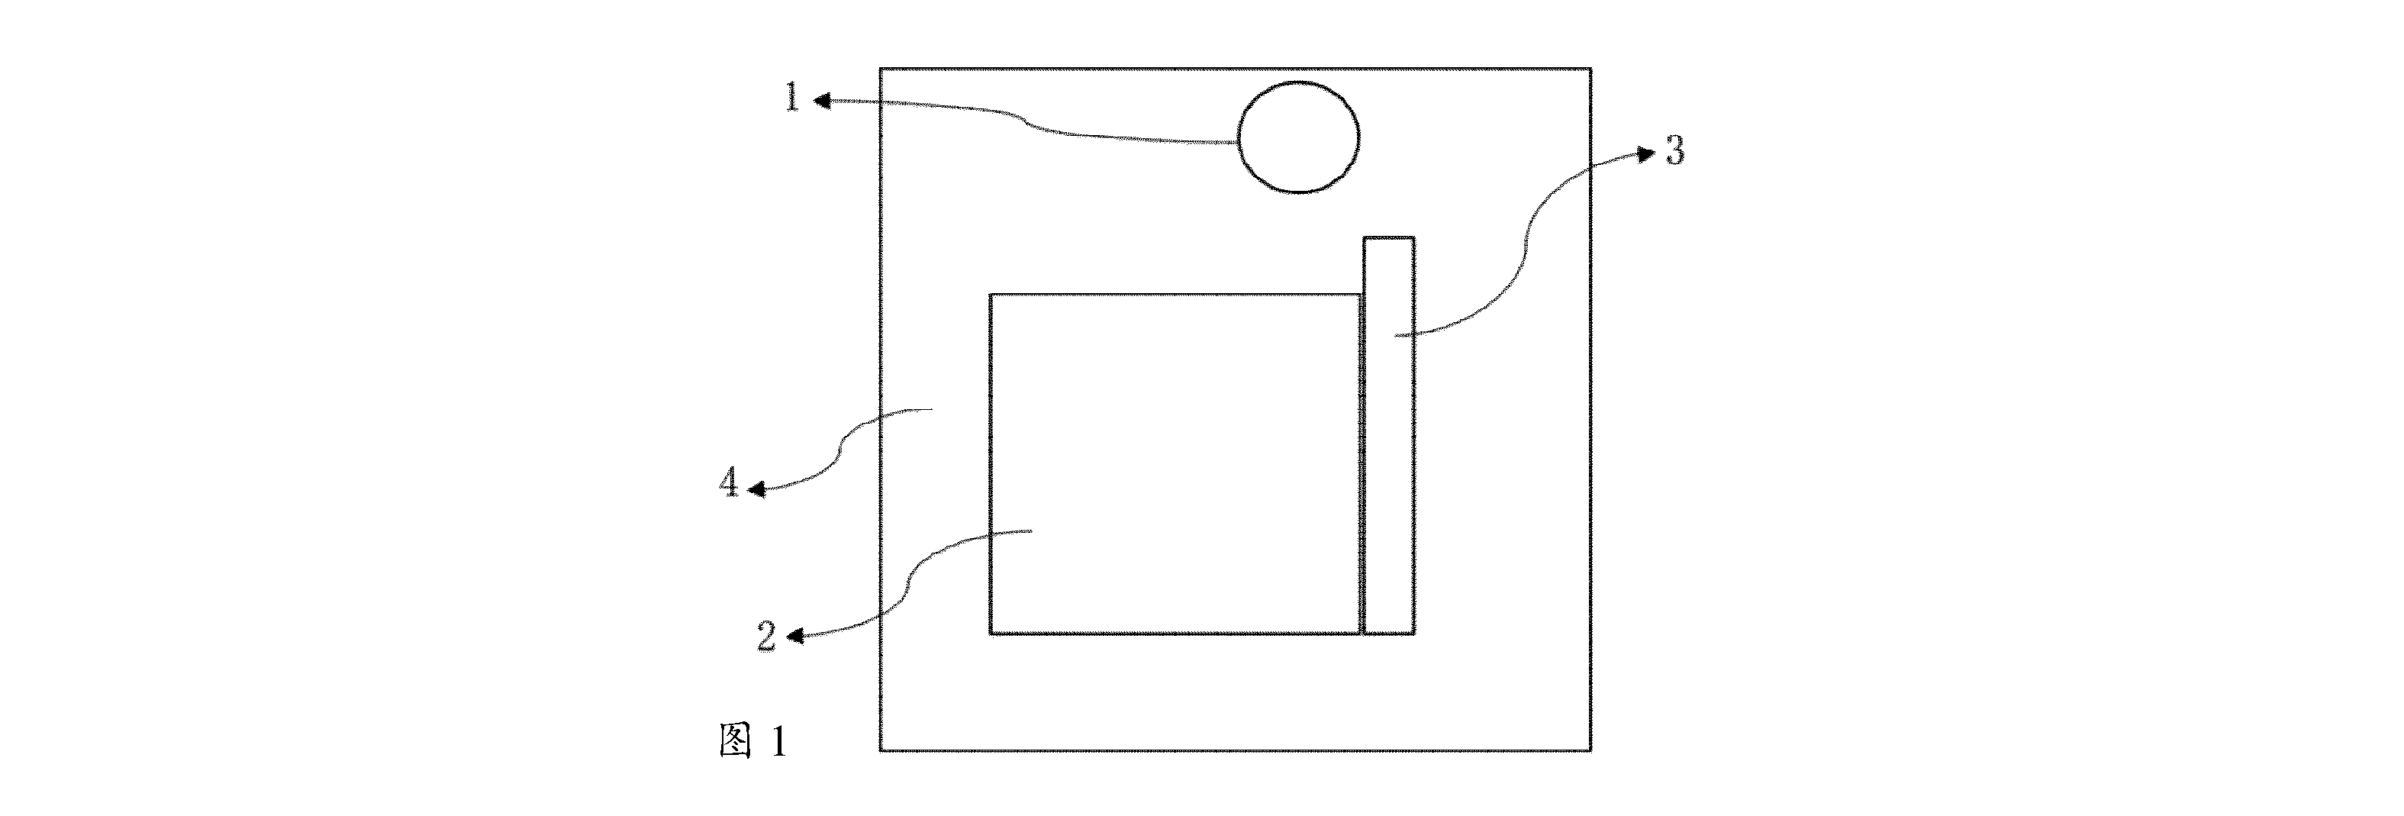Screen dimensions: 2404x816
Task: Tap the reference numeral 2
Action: pyautogui.click(x=766, y=637)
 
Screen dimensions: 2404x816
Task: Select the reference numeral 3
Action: pyautogui.click(x=1675, y=151)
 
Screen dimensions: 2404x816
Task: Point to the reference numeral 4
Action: pyautogui.click(x=730, y=484)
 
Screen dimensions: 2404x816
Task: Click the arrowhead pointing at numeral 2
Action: pyautogui.click(x=794, y=637)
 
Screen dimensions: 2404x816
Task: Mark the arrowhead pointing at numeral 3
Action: pyautogui.click(x=1646, y=154)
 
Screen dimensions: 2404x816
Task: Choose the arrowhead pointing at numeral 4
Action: pyautogui.click(x=757, y=489)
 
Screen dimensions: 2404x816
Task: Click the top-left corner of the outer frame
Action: pyautogui.click(x=880, y=68)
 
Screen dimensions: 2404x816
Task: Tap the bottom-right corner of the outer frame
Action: pyautogui.click(x=1590, y=750)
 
